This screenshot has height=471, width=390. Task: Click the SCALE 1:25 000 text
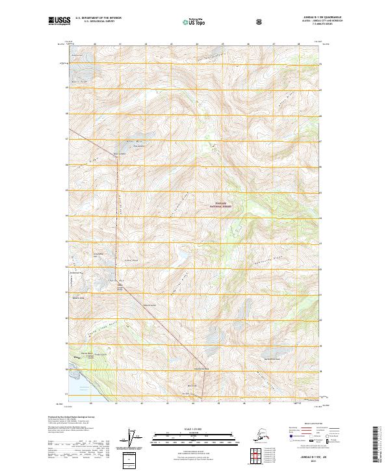pyautogui.click(x=195, y=427)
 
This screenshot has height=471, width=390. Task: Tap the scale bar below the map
pyautogui.click(x=195, y=433)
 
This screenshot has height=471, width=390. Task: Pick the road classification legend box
pyautogui.click(x=311, y=433)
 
